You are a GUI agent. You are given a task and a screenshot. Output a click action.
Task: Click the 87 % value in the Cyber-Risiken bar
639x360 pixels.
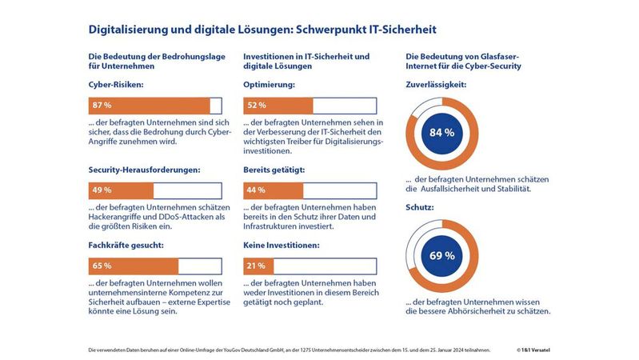click(x=102, y=106)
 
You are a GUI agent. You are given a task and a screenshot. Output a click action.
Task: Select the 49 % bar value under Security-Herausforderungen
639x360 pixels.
click(x=102, y=190)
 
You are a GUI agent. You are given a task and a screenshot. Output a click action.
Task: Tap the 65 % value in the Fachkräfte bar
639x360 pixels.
click(x=102, y=266)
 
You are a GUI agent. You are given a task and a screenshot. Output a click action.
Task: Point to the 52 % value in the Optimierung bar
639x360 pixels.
click(x=257, y=106)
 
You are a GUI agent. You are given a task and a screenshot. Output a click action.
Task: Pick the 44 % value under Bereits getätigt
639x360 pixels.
click(x=257, y=190)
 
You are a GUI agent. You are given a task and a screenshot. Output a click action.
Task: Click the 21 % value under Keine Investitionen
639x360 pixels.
click(x=257, y=266)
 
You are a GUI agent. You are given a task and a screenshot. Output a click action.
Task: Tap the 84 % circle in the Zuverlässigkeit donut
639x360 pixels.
click(x=442, y=133)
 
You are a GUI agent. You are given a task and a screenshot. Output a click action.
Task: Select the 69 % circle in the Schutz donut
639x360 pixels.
click(x=442, y=256)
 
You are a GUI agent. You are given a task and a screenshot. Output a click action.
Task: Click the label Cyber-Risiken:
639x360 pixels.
click(x=117, y=84)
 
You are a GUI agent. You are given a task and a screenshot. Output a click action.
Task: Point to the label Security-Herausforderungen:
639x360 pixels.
click(x=144, y=170)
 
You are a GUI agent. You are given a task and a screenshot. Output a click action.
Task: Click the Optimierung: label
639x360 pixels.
click(x=270, y=84)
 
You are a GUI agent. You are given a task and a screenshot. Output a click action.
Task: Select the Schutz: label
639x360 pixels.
click(x=421, y=207)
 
